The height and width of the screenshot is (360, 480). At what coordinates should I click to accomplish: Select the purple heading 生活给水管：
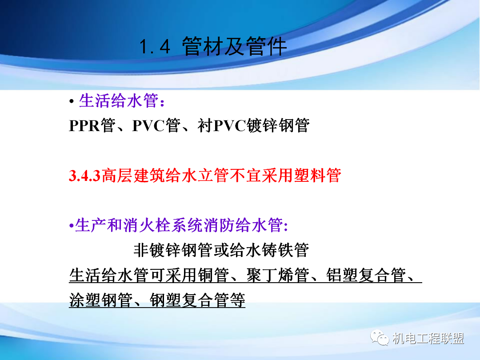pyautogui.click(x=123, y=101)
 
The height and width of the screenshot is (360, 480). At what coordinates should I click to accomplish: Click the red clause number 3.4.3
pyautogui.click(x=85, y=176)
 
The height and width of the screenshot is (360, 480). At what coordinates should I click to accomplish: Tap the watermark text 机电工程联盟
pyautogui.click(x=428, y=339)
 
